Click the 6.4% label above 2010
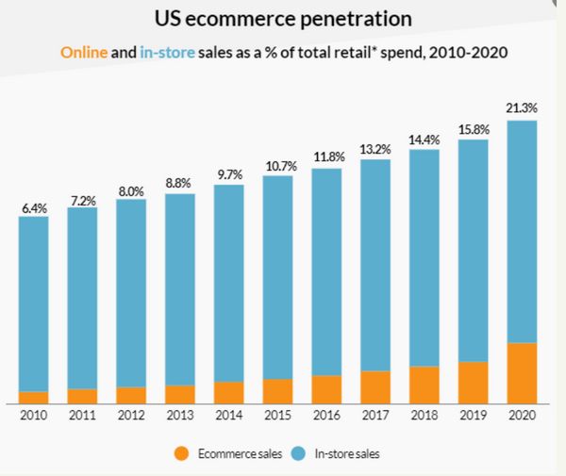[x=33, y=206]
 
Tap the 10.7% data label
[x=277, y=166]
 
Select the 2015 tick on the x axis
[x=277, y=416]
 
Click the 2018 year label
[x=424, y=416]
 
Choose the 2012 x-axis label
[x=131, y=416]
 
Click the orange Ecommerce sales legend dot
[x=181, y=454]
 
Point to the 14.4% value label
[x=424, y=140]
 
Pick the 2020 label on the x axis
[x=522, y=416]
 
